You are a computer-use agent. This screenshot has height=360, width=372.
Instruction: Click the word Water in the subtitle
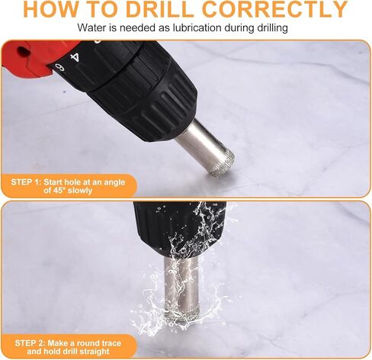[93, 28]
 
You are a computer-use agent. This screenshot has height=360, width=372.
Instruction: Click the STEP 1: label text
[29, 181]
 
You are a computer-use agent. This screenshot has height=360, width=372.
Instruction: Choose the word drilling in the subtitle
[267, 28]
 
